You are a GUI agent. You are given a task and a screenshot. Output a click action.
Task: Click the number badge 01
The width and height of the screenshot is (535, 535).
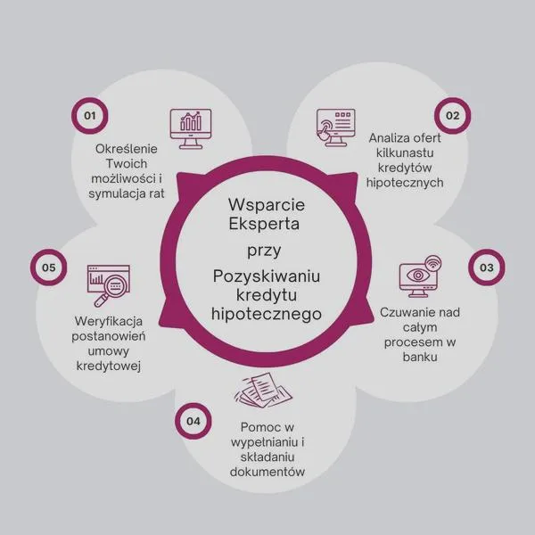click(x=90, y=116)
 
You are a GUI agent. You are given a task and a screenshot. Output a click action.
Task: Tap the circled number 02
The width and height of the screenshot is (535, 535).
click(x=452, y=116)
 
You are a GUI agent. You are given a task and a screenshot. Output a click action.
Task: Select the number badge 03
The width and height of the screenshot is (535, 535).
click(x=487, y=267)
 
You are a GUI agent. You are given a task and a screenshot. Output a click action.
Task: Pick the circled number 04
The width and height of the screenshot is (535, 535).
click(x=193, y=421)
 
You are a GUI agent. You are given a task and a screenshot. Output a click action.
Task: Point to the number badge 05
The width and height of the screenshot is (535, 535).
click(x=48, y=267)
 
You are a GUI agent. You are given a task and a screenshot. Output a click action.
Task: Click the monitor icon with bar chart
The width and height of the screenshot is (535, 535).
click(x=191, y=128)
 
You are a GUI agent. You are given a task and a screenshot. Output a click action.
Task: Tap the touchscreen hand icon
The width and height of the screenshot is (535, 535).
click(x=336, y=128)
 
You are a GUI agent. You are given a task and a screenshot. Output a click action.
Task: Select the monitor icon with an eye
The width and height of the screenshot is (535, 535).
click(x=420, y=276)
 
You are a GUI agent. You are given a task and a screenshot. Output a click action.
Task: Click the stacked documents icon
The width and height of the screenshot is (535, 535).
click(x=263, y=391)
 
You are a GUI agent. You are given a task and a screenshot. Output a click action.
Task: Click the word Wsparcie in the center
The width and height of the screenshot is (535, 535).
click(x=267, y=205)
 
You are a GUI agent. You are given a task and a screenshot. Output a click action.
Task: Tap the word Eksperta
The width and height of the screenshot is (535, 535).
click(x=264, y=224)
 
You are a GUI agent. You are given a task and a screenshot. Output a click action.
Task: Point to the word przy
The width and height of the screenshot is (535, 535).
click(x=264, y=251)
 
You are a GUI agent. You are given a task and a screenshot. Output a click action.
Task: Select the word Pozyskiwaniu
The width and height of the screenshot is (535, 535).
click(x=267, y=276)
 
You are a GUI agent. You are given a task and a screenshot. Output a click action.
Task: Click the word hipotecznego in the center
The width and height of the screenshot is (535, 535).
click(x=267, y=314)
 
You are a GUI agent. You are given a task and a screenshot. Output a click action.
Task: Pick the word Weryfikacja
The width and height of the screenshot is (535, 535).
click(x=109, y=322)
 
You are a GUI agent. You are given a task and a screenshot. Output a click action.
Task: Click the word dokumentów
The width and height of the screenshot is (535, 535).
click(x=267, y=472)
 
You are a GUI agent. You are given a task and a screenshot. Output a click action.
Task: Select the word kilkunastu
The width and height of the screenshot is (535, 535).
click(x=405, y=152)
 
